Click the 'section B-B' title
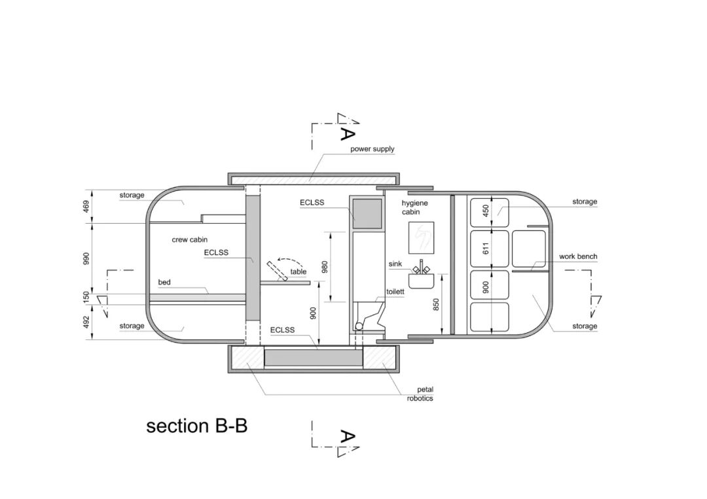click(196, 426)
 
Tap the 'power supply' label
click(372, 149)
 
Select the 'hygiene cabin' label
click(414, 207)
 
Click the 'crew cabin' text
click(190, 240)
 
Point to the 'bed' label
click(164, 283)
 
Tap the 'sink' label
click(395, 264)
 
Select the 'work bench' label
click(578, 256)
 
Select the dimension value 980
click(324, 267)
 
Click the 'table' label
click(299, 271)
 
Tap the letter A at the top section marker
click(348, 133)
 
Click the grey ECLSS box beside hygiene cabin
click(367, 213)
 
